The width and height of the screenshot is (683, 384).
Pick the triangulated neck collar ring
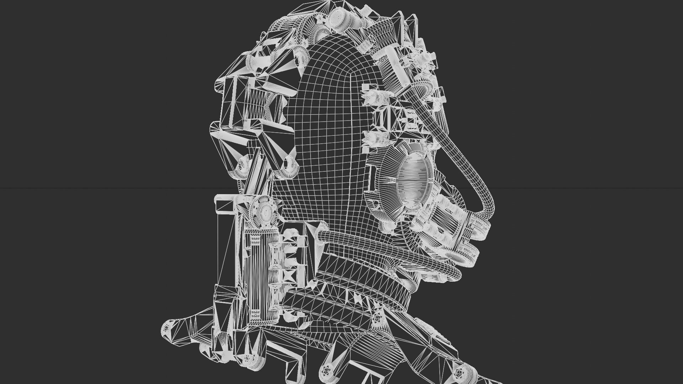[x=356, y=284]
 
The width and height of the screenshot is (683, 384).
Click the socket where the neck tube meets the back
[x=322, y=235]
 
